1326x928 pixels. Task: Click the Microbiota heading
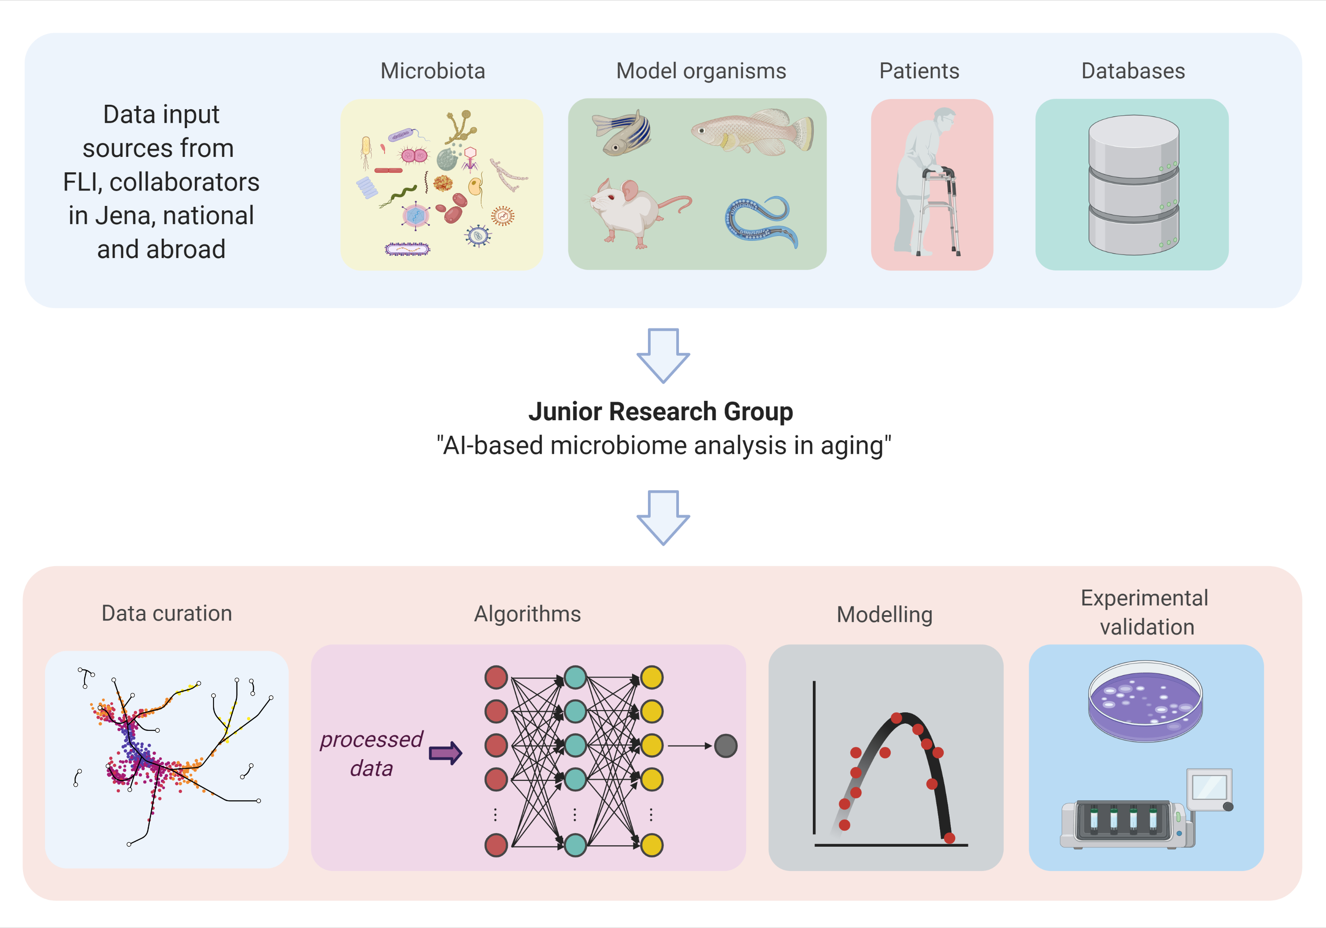(x=433, y=71)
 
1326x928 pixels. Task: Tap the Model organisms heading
(x=701, y=71)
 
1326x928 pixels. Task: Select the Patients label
(x=919, y=71)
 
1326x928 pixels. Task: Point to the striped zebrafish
(x=623, y=133)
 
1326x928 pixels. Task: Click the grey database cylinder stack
(x=1133, y=185)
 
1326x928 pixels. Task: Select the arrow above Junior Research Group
(x=663, y=354)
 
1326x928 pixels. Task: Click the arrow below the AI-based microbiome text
(x=663, y=516)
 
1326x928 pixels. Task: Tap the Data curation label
(x=167, y=613)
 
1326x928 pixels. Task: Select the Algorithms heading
(x=527, y=614)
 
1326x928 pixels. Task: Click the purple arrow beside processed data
(x=445, y=753)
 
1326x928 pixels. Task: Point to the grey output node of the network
(x=725, y=745)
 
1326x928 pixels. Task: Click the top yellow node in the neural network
(x=652, y=677)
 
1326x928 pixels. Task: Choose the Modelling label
(x=884, y=614)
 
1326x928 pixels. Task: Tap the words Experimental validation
(x=1145, y=612)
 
